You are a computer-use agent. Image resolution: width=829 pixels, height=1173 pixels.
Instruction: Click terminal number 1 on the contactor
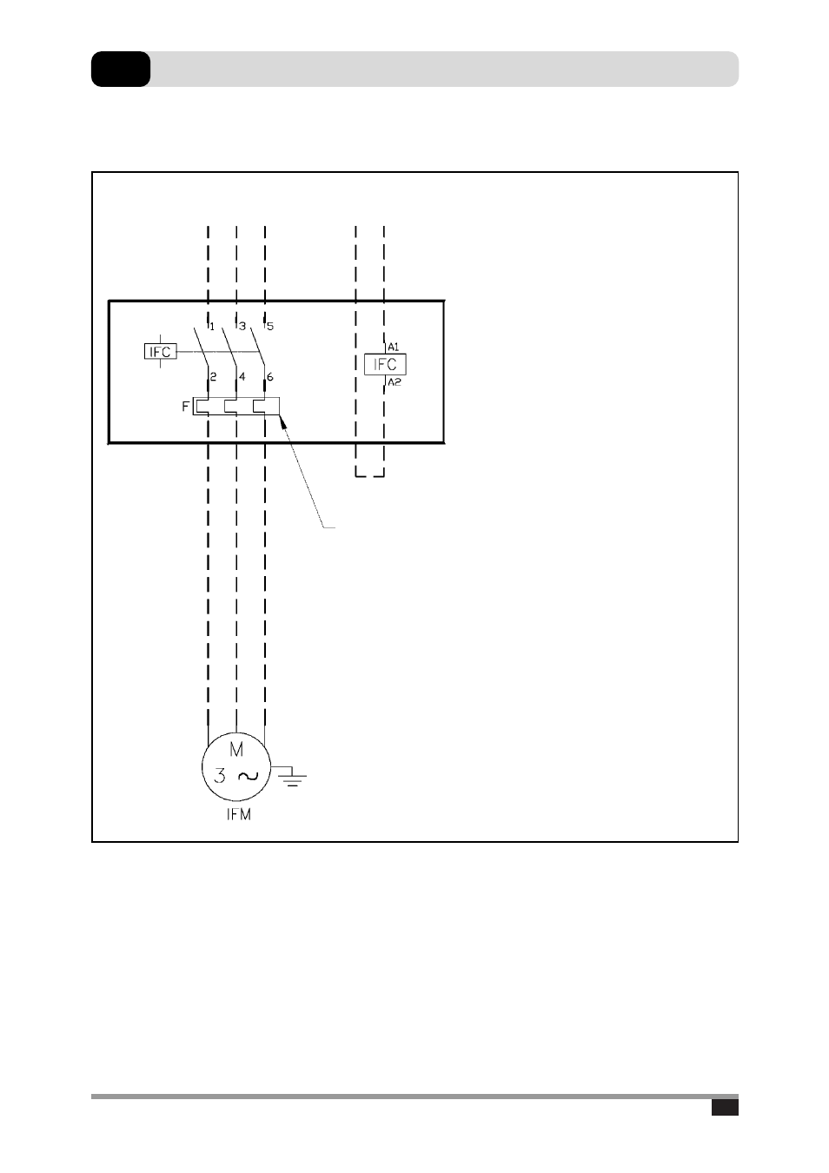click(x=211, y=327)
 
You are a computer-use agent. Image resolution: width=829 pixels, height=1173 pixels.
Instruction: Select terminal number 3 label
click(x=242, y=327)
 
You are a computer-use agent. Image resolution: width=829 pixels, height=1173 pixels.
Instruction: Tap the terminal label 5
click(x=270, y=327)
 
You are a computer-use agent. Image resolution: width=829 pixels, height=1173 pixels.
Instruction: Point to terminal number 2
click(x=213, y=376)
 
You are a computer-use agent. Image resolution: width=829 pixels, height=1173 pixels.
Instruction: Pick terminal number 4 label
click(x=242, y=376)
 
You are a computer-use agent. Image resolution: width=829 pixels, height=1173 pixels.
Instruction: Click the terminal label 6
click(x=269, y=376)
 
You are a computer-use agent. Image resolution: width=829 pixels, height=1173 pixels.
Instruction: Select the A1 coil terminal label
click(x=394, y=347)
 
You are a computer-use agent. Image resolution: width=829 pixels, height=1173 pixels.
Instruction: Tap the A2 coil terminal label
click(x=395, y=382)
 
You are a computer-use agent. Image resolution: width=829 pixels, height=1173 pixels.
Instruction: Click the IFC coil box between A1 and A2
click(x=385, y=364)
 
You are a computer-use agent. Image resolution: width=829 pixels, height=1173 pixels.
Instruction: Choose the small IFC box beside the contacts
click(x=160, y=351)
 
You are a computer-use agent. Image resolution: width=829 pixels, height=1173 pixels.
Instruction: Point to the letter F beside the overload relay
click(x=185, y=407)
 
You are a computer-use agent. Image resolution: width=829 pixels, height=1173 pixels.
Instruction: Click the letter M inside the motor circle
click(x=236, y=750)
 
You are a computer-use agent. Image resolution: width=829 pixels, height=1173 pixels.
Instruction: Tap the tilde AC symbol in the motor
click(x=249, y=776)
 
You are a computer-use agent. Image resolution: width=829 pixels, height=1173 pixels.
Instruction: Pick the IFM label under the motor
click(x=239, y=814)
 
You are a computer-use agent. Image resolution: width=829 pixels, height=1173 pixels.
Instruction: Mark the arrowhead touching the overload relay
click(x=283, y=421)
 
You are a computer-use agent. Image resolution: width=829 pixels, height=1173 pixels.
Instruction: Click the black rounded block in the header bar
click(x=121, y=70)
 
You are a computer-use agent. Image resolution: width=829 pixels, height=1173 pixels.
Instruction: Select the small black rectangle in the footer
click(x=725, y=1107)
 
